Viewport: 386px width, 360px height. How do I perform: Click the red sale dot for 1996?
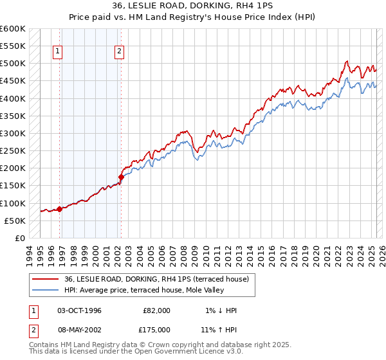click(x=59, y=209)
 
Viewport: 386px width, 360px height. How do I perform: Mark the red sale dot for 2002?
click(x=121, y=176)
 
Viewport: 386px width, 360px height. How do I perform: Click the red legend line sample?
click(x=46, y=278)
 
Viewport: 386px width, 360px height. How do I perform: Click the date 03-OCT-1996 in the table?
click(x=79, y=310)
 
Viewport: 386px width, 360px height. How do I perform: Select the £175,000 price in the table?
click(x=156, y=328)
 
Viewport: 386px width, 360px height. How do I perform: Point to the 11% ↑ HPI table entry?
click(x=219, y=328)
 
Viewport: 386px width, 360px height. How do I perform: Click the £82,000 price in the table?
click(x=156, y=310)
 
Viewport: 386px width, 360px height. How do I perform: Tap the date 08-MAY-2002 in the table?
click(x=80, y=328)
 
